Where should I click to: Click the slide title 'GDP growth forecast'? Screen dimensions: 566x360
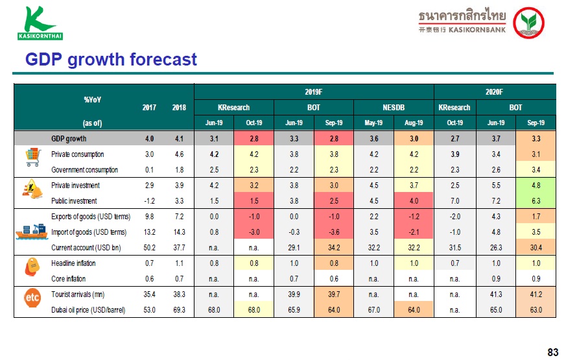point(111,60)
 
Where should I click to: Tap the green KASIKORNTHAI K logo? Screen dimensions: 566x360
point(40,23)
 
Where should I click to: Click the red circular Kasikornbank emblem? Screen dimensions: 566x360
point(528,23)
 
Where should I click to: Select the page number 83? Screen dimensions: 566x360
point(553,352)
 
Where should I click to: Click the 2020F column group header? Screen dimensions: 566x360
point(494,92)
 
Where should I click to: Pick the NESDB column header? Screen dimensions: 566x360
point(394,108)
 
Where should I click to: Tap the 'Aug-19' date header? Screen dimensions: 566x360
point(414,123)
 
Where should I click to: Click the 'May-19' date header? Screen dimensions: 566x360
point(373,123)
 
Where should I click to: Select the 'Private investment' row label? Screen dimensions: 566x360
point(75,186)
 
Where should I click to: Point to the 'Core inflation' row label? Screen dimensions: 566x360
point(69,279)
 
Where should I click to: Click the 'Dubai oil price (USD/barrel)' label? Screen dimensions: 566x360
point(88,310)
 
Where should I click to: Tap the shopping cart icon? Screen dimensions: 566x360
point(32,157)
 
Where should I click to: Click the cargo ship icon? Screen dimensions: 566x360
point(32,232)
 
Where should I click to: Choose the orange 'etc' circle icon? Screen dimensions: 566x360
point(32,298)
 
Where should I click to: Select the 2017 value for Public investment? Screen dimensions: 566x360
point(149,201)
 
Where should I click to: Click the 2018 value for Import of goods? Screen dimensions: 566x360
point(180,232)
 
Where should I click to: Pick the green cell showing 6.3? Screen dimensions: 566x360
point(536,201)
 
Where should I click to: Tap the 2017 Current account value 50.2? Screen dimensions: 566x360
point(149,248)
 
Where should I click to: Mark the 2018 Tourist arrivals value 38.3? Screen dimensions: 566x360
point(180,294)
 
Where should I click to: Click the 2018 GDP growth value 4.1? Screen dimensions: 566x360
point(180,139)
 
